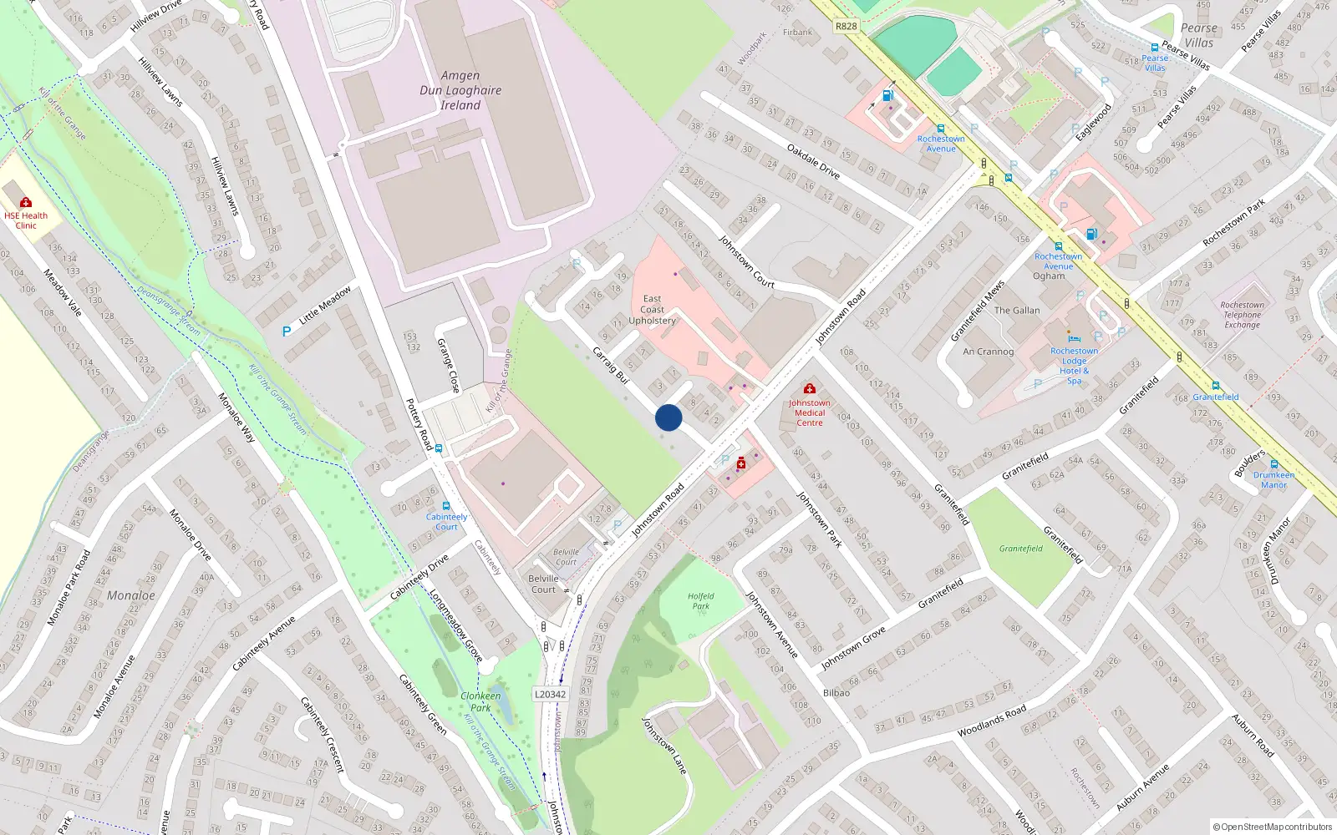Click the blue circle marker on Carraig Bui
[668, 417]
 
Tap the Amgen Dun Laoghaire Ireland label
[461, 90]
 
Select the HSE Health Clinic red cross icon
[26, 202]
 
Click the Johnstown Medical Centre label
[809, 412]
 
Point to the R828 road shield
[846, 26]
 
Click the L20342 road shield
[550, 694]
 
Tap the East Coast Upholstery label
[653, 310]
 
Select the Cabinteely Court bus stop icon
[446, 506]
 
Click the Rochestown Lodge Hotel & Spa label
[1074, 366]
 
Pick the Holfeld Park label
[701, 601]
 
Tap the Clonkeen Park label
[480, 701]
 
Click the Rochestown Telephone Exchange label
[1242, 315]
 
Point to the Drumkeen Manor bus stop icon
[1273, 464]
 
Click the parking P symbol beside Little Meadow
[287, 331]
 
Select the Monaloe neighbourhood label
[131, 595]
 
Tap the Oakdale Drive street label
[813, 161]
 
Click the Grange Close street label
[449, 365]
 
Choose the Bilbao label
[836, 692]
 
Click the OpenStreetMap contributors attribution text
[1272, 827]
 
